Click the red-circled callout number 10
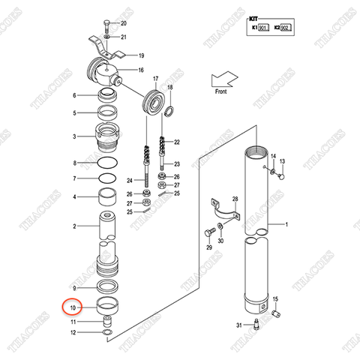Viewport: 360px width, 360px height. [73, 307]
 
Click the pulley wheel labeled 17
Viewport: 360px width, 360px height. [154, 102]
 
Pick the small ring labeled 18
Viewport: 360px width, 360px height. [169, 112]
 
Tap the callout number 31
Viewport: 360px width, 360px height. [238, 324]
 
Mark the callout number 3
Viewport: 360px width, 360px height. [74, 137]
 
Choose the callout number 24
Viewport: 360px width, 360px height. [129, 180]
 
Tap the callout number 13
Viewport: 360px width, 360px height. [283, 162]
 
